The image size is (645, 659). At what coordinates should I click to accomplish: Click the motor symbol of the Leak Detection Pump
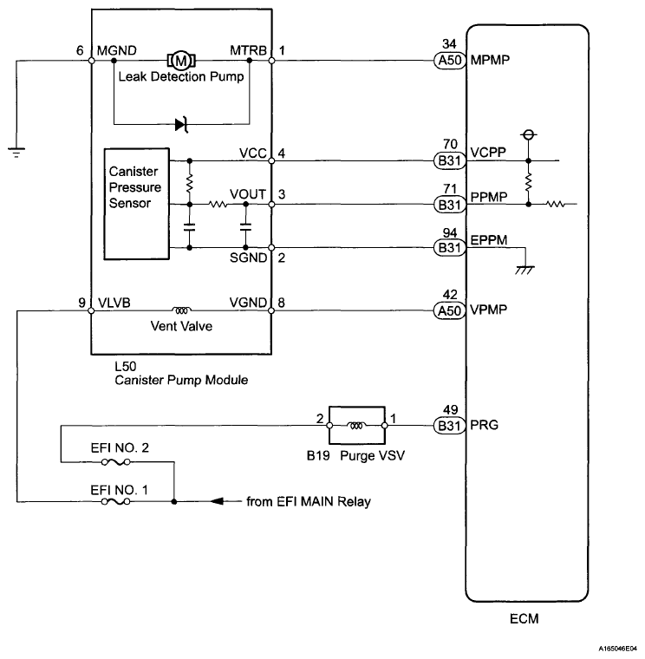[181, 61]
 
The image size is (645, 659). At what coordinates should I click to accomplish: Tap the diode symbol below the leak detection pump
[181, 124]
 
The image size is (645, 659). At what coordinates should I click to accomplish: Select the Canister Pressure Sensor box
[137, 204]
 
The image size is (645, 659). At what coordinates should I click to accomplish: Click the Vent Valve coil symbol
[181, 310]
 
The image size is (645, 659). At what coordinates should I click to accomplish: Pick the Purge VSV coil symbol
[356, 426]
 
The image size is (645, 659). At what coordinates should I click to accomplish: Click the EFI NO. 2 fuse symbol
[115, 462]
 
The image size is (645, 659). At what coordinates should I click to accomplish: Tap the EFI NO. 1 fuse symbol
[115, 501]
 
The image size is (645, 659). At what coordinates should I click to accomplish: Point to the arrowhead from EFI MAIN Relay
[217, 501]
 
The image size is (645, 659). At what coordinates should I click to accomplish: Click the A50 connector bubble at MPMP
[450, 61]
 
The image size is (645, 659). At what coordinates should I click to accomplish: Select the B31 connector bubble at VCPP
[450, 160]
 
